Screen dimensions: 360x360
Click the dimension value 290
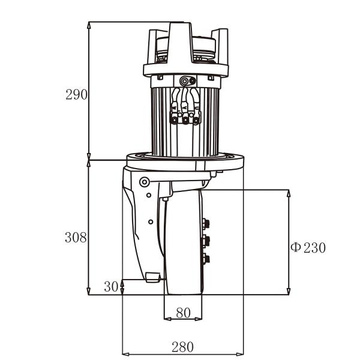click(x=77, y=94)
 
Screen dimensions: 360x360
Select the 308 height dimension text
click(x=76, y=237)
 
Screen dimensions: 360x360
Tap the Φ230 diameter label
click(x=308, y=247)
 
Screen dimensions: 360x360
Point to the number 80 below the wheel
click(x=183, y=313)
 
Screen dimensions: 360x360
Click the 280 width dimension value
click(x=182, y=346)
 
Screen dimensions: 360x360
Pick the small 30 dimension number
click(x=111, y=286)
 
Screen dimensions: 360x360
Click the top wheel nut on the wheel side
click(x=207, y=223)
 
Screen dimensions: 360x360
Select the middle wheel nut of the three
click(x=207, y=241)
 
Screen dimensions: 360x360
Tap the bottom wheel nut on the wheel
click(x=207, y=259)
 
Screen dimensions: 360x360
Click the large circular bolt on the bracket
click(x=144, y=182)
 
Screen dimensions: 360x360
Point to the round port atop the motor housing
click(x=183, y=80)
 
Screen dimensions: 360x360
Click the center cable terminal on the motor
click(x=185, y=120)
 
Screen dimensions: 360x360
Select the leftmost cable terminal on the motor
click(x=175, y=120)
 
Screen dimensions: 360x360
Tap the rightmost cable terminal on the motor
click(x=196, y=120)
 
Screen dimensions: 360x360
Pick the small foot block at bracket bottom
click(x=152, y=277)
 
